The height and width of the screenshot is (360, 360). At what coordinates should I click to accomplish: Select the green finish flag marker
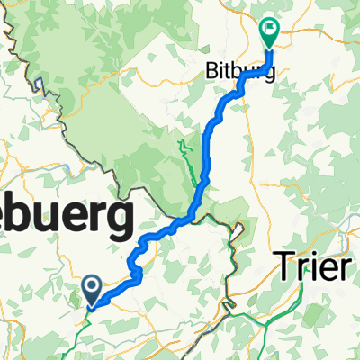270,34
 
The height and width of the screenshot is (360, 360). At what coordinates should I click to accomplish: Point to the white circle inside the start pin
92,286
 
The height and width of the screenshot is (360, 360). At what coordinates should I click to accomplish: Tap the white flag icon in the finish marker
270,30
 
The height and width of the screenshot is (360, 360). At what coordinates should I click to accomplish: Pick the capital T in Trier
282,267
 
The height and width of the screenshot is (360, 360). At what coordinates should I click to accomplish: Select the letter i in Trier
310,267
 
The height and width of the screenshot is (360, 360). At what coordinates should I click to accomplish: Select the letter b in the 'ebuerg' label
33,217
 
